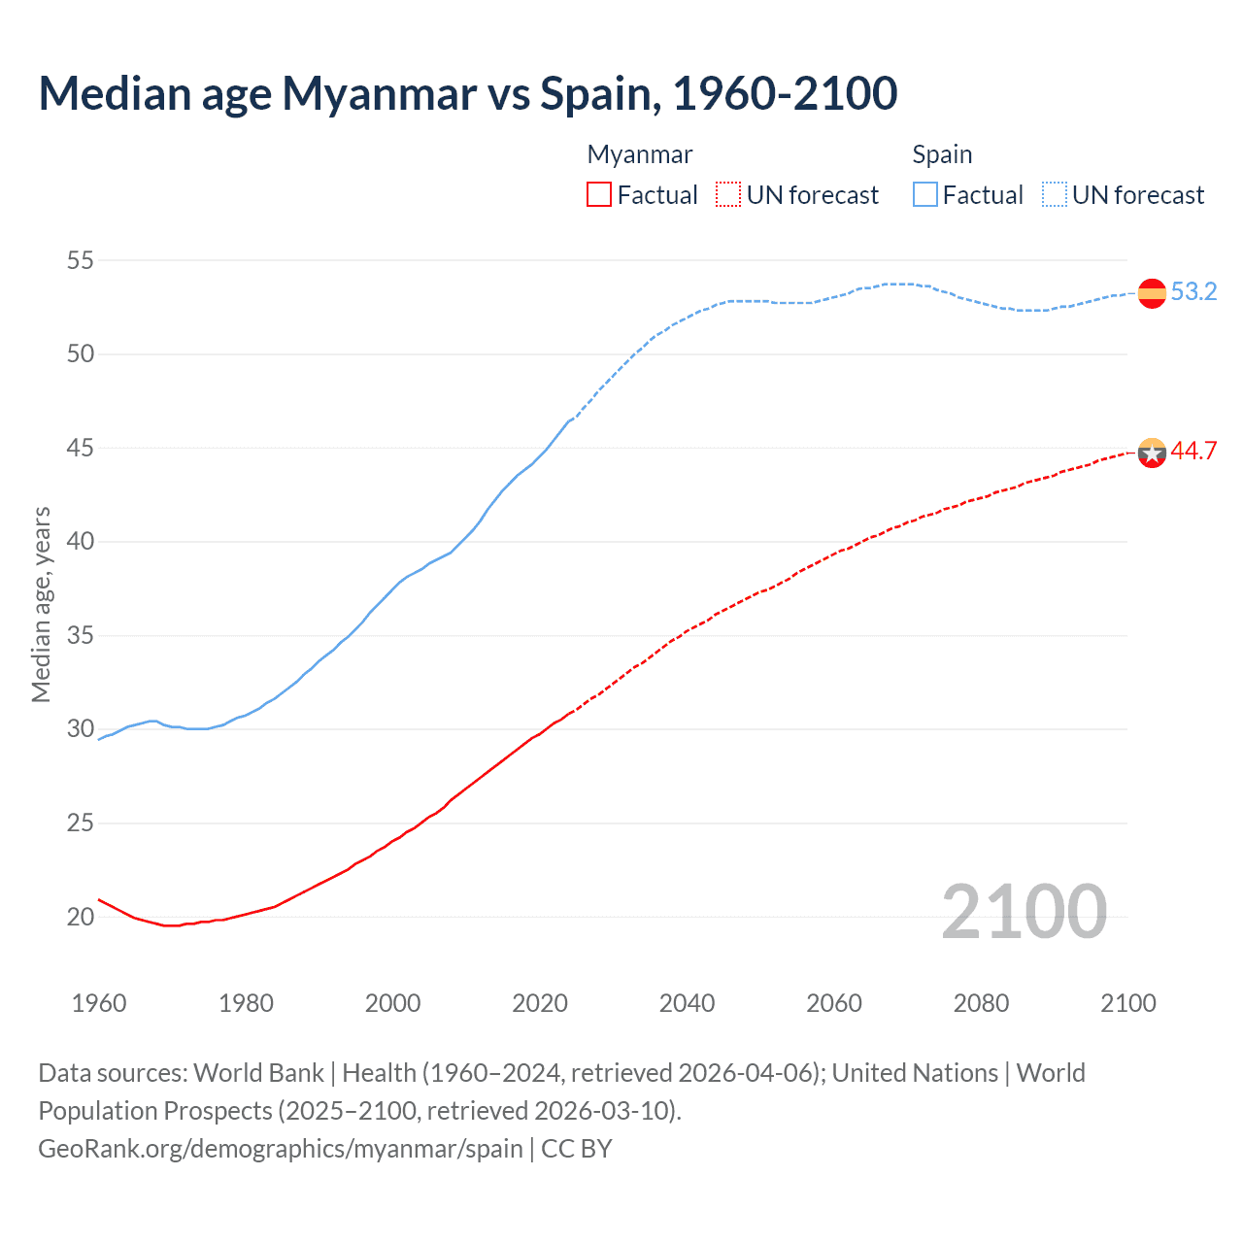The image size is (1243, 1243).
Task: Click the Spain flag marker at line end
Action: [1152, 292]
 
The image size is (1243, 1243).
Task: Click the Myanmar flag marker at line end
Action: [1152, 452]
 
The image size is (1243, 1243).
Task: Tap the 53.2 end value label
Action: [1193, 292]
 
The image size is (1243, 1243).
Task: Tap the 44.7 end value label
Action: [1193, 452]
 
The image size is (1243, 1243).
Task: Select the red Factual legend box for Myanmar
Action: [599, 195]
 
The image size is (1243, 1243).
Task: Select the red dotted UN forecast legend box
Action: [728, 195]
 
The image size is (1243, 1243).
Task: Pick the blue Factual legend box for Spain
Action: [925, 195]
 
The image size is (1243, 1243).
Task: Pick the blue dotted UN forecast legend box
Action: [1054, 195]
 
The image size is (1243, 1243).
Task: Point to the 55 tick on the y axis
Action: [81, 260]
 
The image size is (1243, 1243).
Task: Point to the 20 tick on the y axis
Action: [81, 917]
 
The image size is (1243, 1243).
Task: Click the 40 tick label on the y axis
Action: [81, 541]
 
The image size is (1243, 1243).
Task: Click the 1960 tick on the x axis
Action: [99, 1003]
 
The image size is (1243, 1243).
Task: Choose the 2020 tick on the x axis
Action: [540, 1003]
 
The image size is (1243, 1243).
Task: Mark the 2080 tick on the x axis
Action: [981, 1003]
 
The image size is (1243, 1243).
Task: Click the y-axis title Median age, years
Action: [41, 604]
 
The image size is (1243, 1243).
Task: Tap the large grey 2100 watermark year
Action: [1024, 911]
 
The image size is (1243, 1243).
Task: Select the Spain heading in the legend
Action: [942, 154]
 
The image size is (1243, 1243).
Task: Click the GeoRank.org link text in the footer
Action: [280, 1149]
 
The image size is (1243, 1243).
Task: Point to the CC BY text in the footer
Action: [577, 1149]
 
